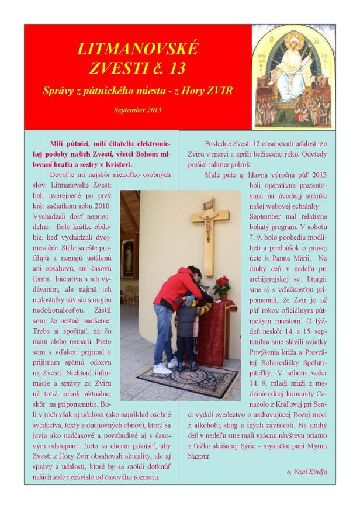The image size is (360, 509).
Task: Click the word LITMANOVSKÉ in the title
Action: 137,48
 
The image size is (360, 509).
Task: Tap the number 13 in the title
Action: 174,68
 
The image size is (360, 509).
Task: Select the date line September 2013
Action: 137,109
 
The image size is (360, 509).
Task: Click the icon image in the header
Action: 293,76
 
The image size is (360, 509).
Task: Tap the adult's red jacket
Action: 176,289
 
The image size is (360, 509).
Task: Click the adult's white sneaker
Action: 162,369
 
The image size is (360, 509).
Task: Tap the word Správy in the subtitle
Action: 59,91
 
